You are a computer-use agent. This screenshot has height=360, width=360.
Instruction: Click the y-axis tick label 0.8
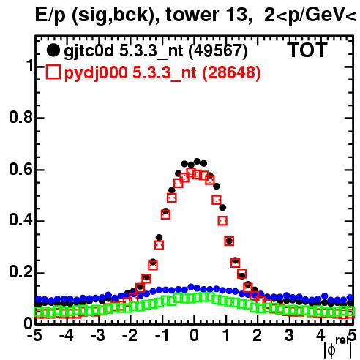pos(20,117)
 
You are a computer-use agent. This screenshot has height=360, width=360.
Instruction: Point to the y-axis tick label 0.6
pos(20,169)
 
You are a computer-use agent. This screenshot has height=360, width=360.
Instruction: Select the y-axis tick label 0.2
pos(20,272)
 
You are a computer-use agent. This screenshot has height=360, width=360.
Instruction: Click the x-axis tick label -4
pos(67,335)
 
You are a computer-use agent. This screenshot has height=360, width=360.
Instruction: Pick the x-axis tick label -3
pos(98,335)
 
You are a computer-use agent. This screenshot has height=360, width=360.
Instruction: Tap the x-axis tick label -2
pos(130,335)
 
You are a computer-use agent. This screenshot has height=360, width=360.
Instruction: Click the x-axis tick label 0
pos(194,335)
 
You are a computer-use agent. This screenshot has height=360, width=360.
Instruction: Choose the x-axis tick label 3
pos(289,335)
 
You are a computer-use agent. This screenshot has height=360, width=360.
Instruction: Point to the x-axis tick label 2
pos(258,335)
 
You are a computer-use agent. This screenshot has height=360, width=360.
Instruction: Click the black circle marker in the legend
pos(53,50)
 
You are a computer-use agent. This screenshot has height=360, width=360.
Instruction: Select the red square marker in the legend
pos(53,72)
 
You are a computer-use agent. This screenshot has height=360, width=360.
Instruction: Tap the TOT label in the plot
pos(308,50)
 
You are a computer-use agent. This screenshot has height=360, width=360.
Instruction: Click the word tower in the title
pos(191,15)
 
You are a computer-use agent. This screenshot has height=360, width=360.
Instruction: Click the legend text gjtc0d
pos(89,51)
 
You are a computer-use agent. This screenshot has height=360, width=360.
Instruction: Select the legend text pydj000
pos(96,73)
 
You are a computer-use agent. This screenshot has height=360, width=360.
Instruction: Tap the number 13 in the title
pos(238,15)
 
